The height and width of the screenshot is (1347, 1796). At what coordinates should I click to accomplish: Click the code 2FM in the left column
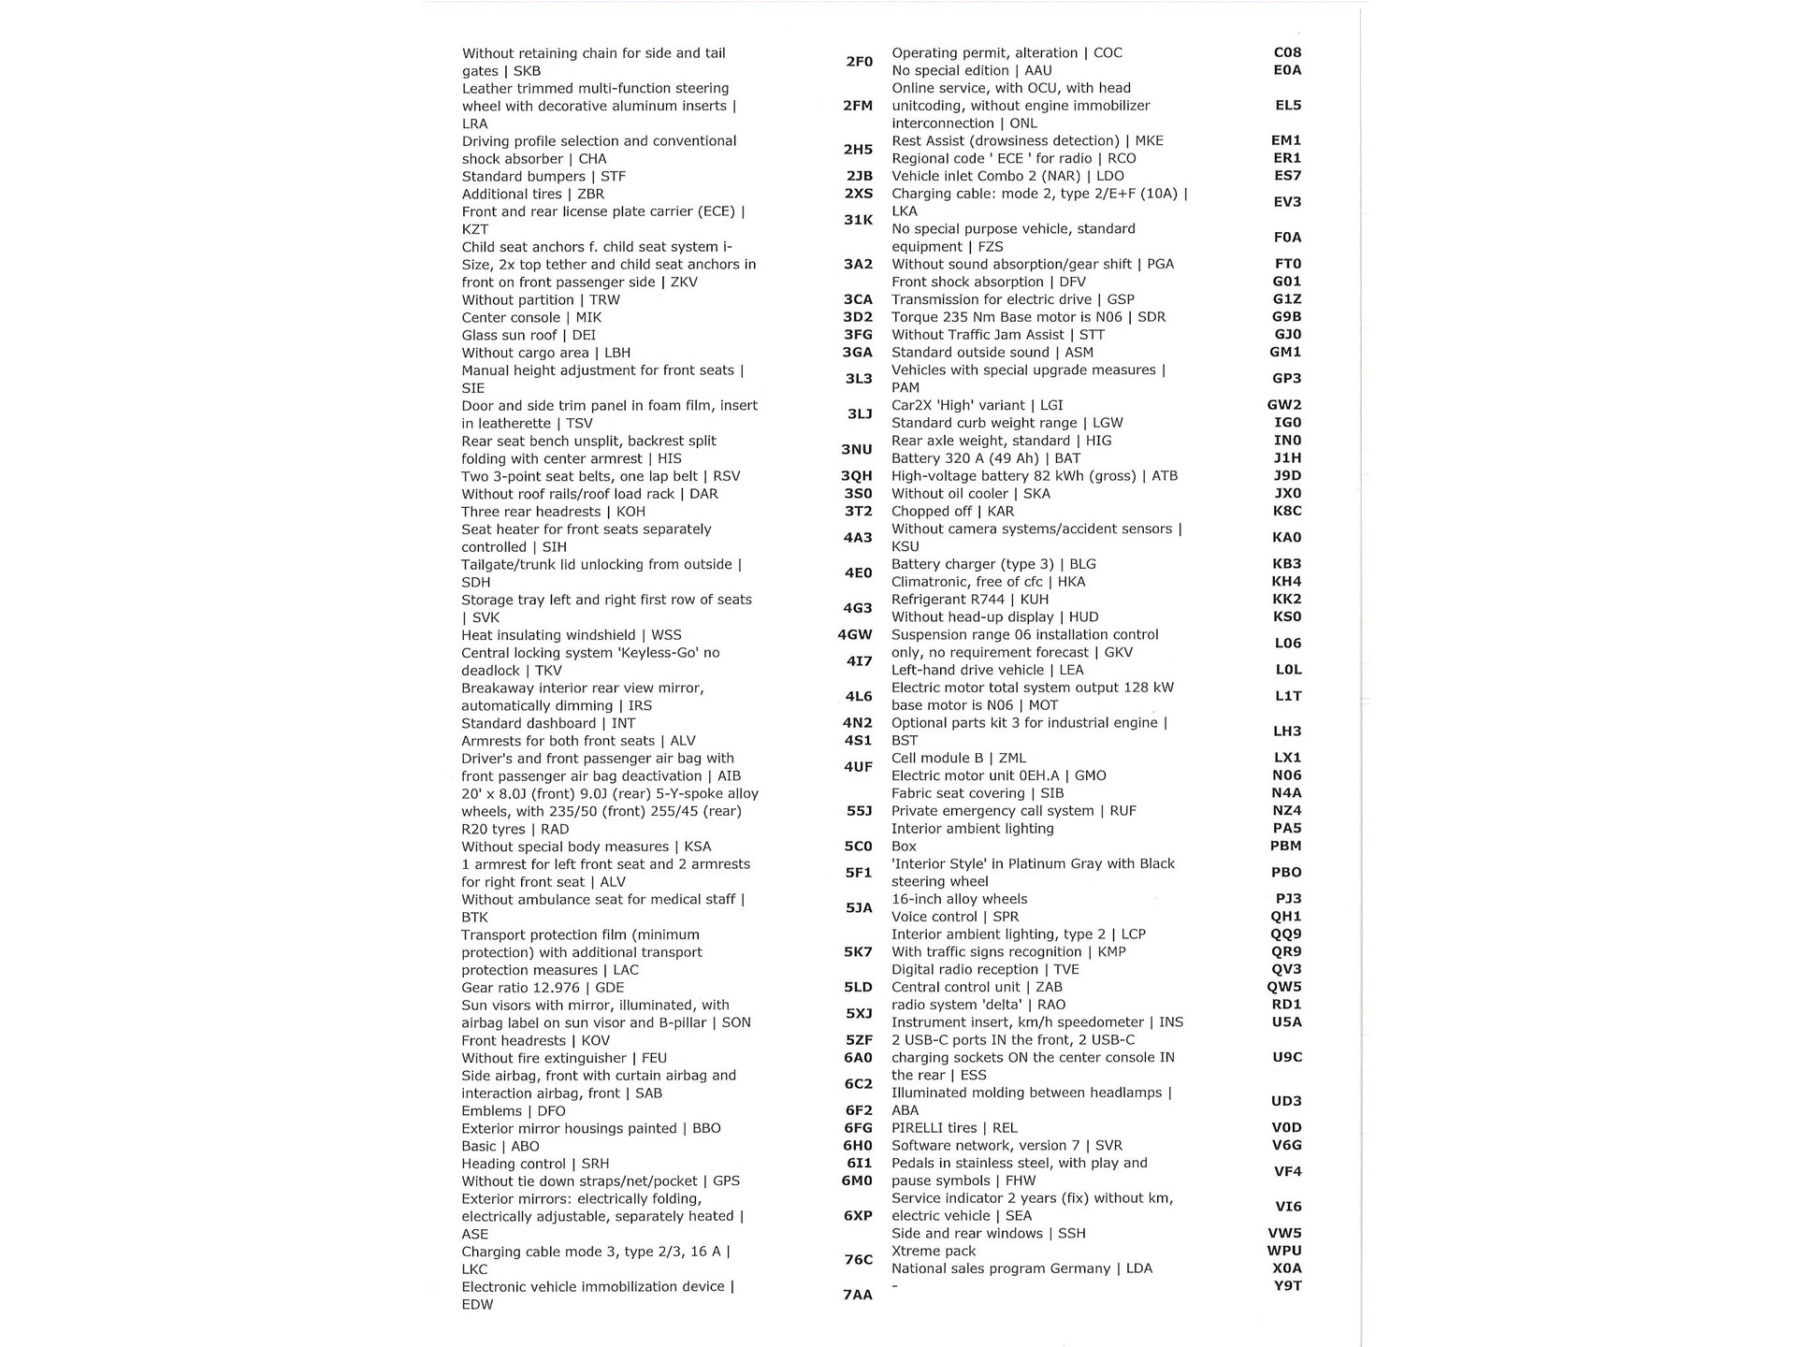click(x=857, y=106)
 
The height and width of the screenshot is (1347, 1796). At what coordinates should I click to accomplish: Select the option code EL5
click(x=1287, y=106)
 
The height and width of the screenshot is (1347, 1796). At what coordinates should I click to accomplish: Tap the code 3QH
click(x=856, y=476)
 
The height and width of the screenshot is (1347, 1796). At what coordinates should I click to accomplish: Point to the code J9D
click(x=1286, y=476)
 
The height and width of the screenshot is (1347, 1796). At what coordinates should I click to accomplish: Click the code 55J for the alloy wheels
click(x=859, y=811)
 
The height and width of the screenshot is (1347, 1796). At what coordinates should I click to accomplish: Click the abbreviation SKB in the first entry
click(x=527, y=71)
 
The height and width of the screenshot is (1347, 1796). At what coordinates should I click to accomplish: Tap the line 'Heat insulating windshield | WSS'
click(x=571, y=635)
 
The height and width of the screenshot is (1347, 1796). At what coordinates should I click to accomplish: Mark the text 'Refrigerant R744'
click(x=948, y=600)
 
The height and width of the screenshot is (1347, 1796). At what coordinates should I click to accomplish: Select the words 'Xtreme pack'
click(x=933, y=1251)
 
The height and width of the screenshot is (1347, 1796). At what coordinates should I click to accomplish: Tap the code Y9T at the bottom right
click(x=1286, y=1286)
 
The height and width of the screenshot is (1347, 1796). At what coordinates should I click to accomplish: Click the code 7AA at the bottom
click(x=857, y=1296)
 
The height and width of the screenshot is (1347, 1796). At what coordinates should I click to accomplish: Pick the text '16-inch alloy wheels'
click(x=959, y=899)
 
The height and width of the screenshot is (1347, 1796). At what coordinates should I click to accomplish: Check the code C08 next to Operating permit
click(x=1287, y=53)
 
